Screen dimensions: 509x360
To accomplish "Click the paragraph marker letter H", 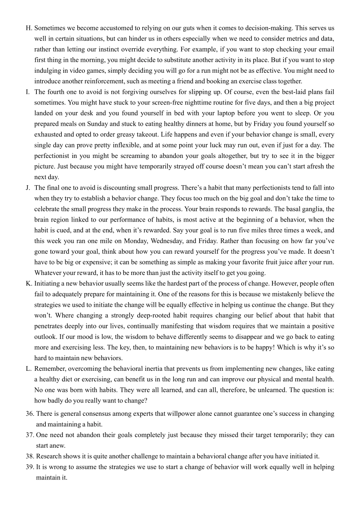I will click(28, 28).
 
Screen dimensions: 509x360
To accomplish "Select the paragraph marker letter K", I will click(28, 284).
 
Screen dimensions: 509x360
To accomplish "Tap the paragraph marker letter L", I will click(28, 369).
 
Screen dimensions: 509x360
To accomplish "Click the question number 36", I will click(30, 414).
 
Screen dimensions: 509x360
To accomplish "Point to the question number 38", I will click(30, 456).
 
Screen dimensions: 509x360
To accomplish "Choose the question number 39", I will click(30, 467).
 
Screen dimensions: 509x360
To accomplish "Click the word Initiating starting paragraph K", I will click(48, 284).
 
